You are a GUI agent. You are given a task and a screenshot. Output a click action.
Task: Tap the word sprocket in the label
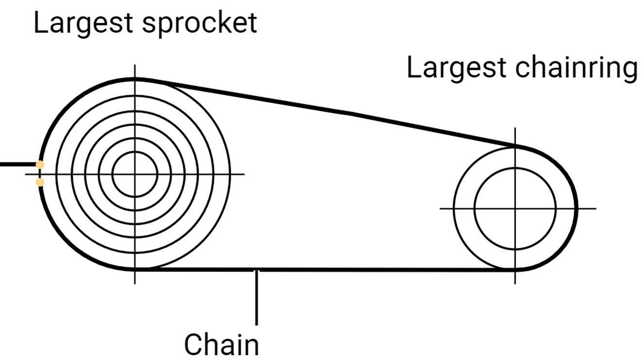[x=200, y=24]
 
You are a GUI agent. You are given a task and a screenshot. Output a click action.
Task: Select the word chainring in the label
[x=576, y=69]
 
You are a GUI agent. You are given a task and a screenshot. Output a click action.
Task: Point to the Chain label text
[x=221, y=344]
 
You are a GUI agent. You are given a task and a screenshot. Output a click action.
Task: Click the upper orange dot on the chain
[x=40, y=165]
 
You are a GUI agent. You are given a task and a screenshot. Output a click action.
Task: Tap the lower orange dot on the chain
[x=40, y=182]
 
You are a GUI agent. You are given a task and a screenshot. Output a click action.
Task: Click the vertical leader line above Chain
[x=257, y=297]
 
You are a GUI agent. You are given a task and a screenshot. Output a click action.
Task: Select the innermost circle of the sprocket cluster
[x=135, y=152]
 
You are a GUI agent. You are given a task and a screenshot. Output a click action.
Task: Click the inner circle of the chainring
[x=515, y=168]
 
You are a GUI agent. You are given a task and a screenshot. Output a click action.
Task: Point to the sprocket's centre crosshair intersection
[x=135, y=174]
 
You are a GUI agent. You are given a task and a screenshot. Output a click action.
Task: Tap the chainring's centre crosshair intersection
[x=515, y=208]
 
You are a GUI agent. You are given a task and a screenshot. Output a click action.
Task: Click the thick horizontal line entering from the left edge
[x=18, y=164]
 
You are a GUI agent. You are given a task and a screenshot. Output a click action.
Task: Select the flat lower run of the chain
[x=325, y=270]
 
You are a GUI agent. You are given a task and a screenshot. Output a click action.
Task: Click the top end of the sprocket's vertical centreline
[x=135, y=65]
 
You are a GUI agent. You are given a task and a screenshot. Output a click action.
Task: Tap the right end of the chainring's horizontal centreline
[x=596, y=208]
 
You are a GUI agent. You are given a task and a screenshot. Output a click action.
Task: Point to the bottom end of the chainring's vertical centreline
[x=515, y=284]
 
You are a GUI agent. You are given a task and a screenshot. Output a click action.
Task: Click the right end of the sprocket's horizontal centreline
[x=244, y=174]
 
